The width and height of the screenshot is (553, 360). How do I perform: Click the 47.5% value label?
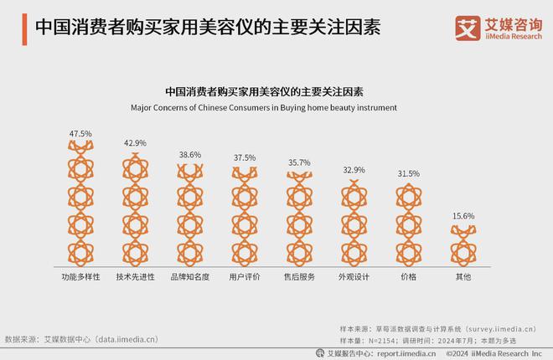click(x=80, y=134)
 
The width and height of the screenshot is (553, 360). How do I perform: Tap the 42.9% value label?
click(x=135, y=143)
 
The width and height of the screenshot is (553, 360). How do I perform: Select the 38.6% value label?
click(x=190, y=155)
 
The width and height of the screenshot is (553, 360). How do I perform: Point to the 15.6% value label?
click(x=463, y=216)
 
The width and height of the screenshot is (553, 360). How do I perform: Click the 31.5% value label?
click(x=409, y=173)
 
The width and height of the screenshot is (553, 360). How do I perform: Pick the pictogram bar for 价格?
click(x=409, y=222)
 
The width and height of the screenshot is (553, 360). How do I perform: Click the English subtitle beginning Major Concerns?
click(x=264, y=108)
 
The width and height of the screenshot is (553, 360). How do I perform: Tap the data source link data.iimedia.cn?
click(x=128, y=339)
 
